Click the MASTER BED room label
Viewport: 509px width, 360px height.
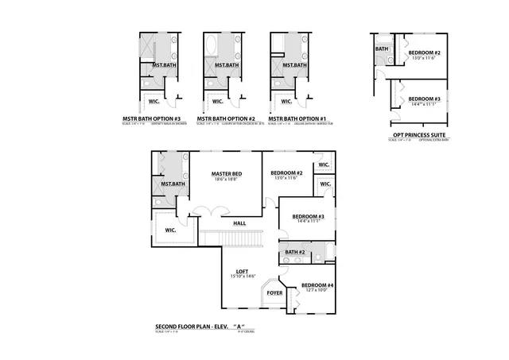point(227,173)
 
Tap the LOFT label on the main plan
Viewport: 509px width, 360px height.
point(243,271)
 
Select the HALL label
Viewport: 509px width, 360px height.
point(239,223)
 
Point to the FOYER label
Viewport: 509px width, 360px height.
point(274,293)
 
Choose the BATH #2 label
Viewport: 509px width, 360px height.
point(295,252)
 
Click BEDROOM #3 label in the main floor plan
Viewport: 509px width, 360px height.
point(308,216)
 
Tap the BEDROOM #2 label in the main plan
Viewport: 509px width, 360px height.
point(286,173)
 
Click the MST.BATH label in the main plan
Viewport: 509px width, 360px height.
point(173,184)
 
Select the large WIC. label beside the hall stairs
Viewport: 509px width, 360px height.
point(170,230)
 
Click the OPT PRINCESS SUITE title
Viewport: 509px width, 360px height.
point(418,135)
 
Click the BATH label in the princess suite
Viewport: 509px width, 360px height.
point(382,48)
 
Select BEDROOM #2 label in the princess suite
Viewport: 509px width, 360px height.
point(425,52)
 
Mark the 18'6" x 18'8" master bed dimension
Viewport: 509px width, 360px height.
point(227,180)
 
